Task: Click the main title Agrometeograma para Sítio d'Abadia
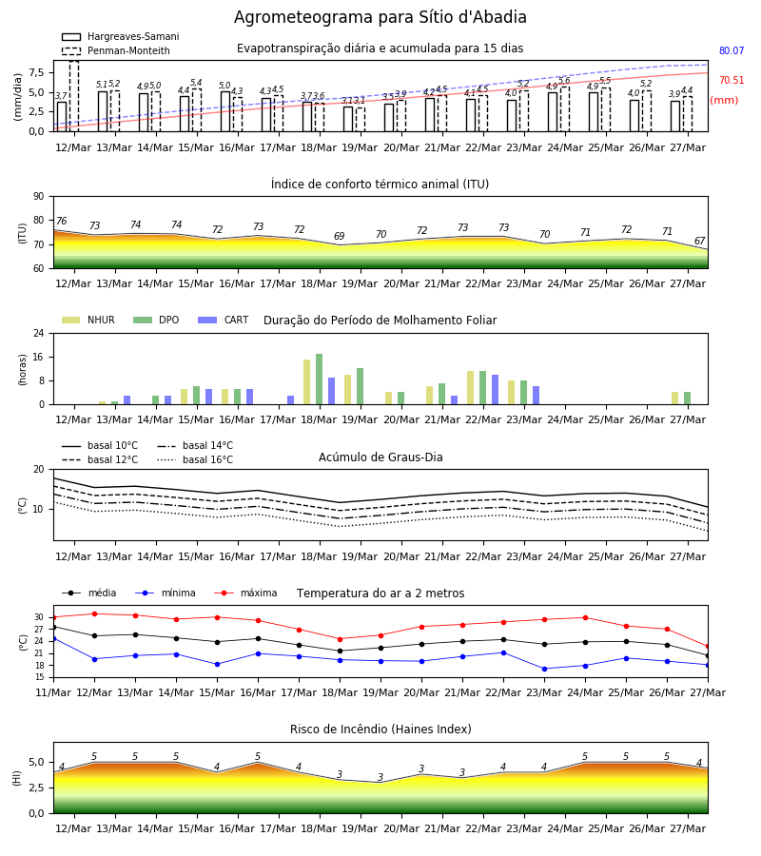[x=380, y=17]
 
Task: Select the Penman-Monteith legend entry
[x=116, y=50]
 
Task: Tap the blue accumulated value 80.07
[x=732, y=50]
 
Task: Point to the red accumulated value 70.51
[x=732, y=80]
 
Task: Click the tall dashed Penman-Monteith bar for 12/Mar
[x=74, y=96]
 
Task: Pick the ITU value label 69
[x=340, y=236]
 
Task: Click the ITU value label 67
[x=700, y=241]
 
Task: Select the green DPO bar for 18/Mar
[x=320, y=379]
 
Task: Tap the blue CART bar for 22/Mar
[x=496, y=390]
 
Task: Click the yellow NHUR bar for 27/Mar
[x=674, y=399]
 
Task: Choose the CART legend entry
[x=224, y=320]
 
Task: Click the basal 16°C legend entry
[x=195, y=459]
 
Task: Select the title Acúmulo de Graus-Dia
[x=380, y=457]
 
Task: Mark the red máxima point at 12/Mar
[x=94, y=614]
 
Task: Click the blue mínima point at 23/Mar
[x=544, y=669]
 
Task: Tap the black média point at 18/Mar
[x=340, y=651]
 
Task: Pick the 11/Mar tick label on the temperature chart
[x=53, y=692]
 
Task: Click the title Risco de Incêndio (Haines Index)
[x=380, y=730]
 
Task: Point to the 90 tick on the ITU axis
[x=38, y=197]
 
